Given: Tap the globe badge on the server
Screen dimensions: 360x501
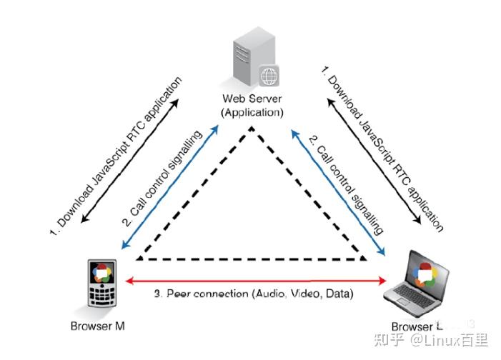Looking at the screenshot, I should click(269, 75).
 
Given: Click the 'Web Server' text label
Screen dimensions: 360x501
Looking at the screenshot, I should click(252, 99).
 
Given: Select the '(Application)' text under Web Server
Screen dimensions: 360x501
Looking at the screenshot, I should click(252, 112).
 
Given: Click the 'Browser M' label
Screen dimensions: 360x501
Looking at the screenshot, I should click(99, 326).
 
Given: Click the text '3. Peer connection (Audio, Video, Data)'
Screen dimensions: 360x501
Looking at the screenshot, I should click(254, 294).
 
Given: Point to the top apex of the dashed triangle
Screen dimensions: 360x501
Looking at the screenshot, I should click(251, 129).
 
